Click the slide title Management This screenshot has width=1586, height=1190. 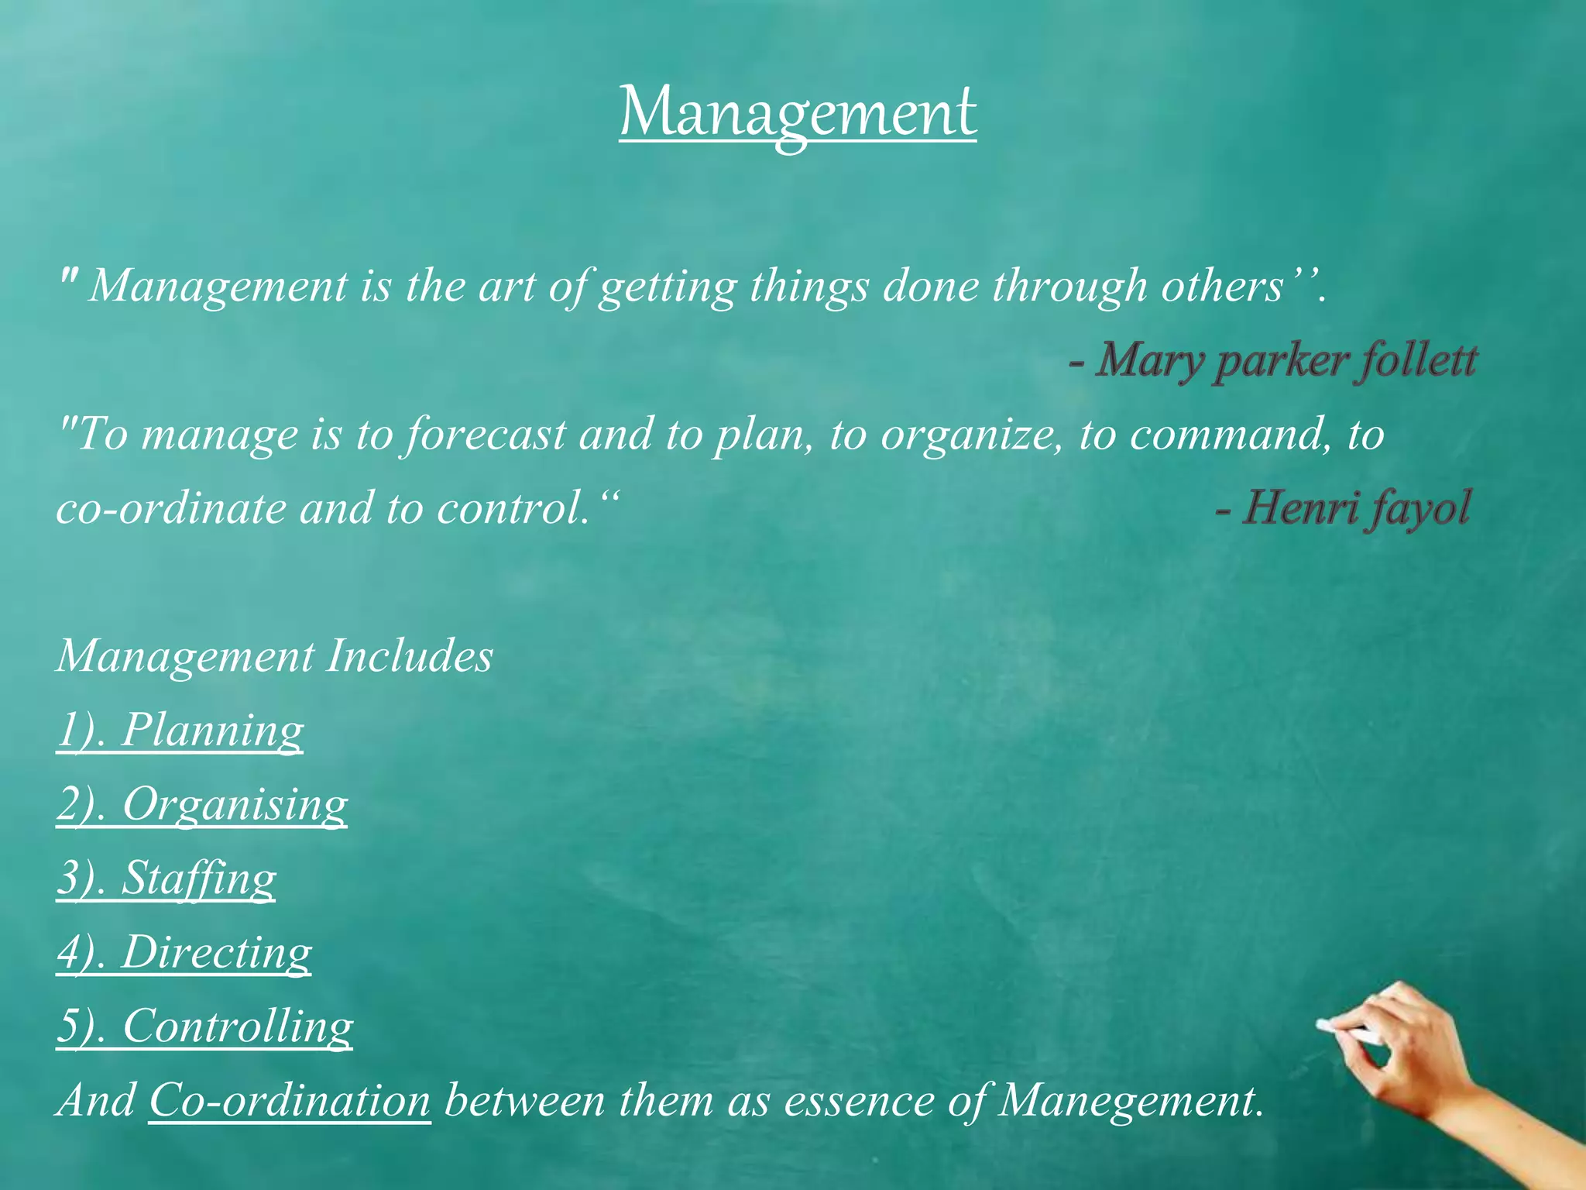coord(798,114)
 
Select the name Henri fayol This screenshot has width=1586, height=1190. coord(1356,508)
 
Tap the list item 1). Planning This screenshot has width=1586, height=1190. coord(180,730)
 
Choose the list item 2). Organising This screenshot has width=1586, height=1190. coord(201,804)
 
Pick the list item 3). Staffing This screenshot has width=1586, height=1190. coord(166,878)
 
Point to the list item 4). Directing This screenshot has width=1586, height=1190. coord(184,952)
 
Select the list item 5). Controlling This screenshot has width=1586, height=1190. coord(204,1026)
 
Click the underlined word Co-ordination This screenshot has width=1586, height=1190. coord(290,1100)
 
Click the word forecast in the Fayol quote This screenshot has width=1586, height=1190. coord(486,435)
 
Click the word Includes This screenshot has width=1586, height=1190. coord(409,657)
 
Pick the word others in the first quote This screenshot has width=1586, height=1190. coord(1222,287)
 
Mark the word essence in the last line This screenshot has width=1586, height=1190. coord(859,1100)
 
